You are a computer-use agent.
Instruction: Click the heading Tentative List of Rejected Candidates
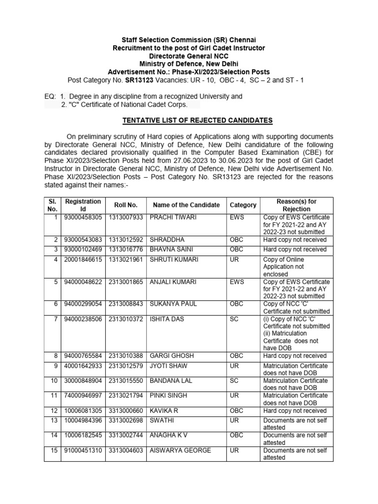197,120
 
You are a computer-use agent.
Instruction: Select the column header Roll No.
126,205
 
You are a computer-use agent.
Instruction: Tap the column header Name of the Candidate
186,205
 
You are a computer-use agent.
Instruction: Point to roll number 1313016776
126,250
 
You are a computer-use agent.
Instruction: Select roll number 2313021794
126,396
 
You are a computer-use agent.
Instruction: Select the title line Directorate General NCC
189,56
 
